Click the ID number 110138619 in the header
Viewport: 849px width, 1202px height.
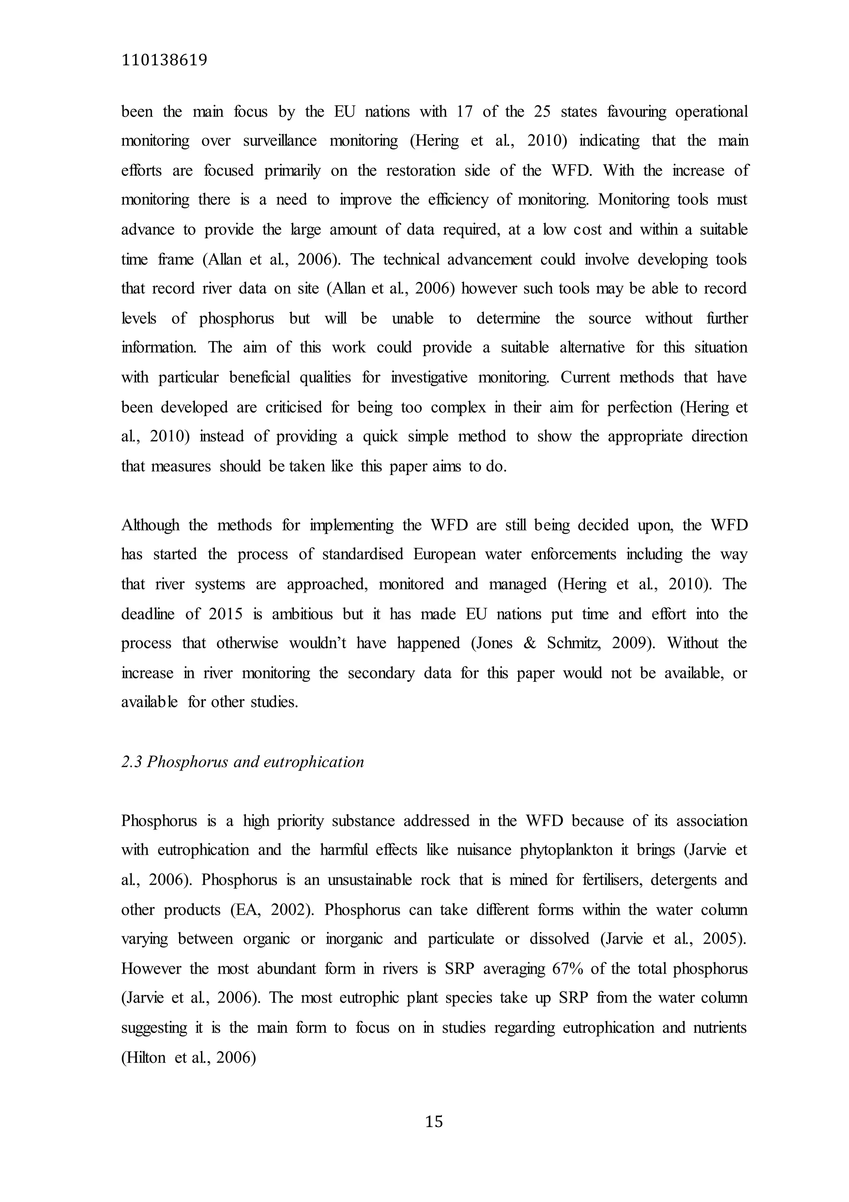pos(164,61)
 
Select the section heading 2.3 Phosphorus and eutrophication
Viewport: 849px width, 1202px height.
pos(243,762)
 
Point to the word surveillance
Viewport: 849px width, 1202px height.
pos(281,141)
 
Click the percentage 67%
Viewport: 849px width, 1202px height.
pos(568,969)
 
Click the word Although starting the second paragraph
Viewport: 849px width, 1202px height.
pos(150,525)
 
